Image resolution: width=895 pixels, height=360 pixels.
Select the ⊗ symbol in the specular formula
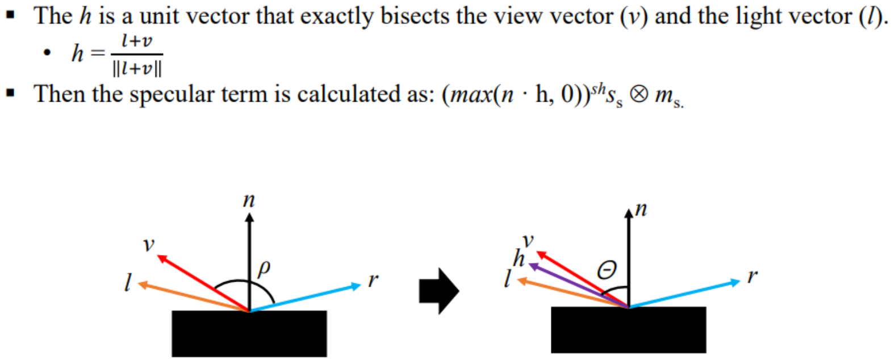638,94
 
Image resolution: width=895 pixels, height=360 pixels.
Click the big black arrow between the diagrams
438,291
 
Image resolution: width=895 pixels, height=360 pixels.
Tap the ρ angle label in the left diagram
264,268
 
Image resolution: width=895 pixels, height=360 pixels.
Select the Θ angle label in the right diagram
607,270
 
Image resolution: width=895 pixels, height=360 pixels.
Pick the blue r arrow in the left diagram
307,297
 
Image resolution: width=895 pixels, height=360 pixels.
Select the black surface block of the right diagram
628,330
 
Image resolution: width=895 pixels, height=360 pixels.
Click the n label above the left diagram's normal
249,200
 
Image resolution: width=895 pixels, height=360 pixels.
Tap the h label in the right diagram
518,258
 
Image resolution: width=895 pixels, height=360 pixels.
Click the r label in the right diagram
752,277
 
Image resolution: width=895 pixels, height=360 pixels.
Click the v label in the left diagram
148,244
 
